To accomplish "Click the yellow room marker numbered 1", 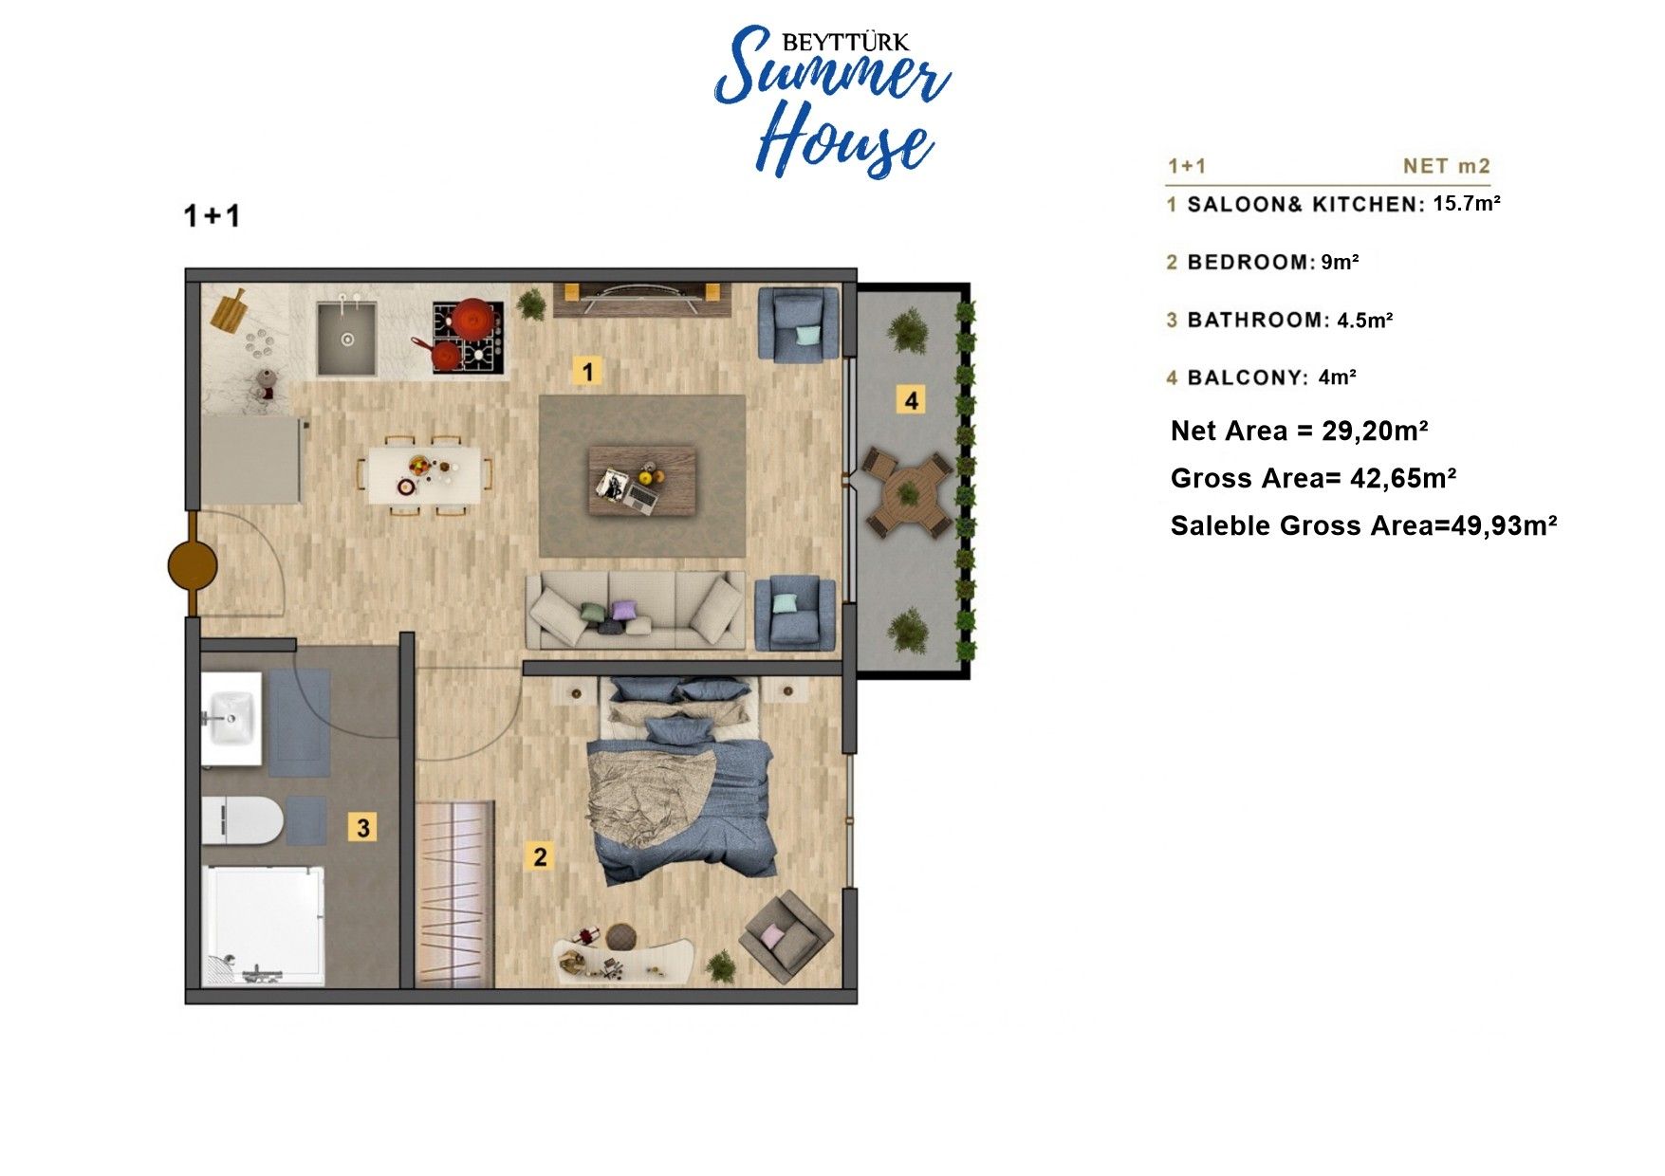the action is pyautogui.click(x=587, y=371).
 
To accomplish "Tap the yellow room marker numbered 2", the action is pyautogui.click(x=540, y=856).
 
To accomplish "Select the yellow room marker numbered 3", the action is pyautogui.click(x=362, y=827).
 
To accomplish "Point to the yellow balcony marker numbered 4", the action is pyautogui.click(x=911, y=400).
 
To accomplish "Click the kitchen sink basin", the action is pyautogui.click(x=346, y=338).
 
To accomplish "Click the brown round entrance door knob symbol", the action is pyautogui.click(x=193, y=566).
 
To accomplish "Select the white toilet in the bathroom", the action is pyautogui.click(x=243, y=820).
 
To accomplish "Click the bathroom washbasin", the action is pyautogui.click(x=231, y=718).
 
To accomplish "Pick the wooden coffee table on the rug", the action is pyautogui.click(x=642, y=482).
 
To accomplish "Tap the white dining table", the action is pyautogui.click(x=424, y=475).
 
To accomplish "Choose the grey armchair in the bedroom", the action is pyautogui.click(x=786, y=937).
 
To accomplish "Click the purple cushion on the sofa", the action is pyautogui.click(x=623, y=609).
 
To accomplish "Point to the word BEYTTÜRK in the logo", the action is pyautogui.click(x=845, y=42).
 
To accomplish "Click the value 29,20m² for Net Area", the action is pyautogui.click(x=1375, y=431).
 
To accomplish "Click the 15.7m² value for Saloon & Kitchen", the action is pyautogui.click(x=1467, y=203).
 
